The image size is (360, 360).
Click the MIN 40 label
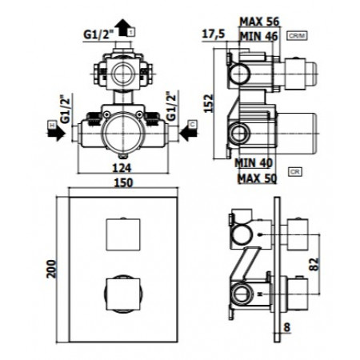[255, 161]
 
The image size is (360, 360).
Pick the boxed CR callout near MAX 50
[295, 171]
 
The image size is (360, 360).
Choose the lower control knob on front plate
[121, 289]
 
